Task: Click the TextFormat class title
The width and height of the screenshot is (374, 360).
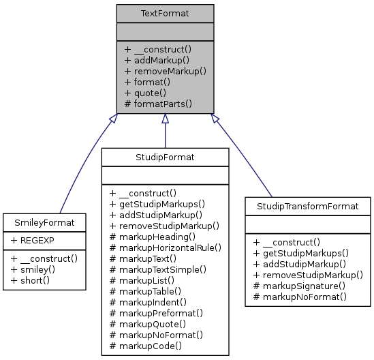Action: (x=165, y=14)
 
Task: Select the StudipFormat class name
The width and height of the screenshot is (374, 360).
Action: (x=165, y=157)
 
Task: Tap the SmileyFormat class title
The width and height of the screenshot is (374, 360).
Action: (x=44, y=222)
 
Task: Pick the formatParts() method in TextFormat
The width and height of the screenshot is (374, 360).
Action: (x=158, y=104)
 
